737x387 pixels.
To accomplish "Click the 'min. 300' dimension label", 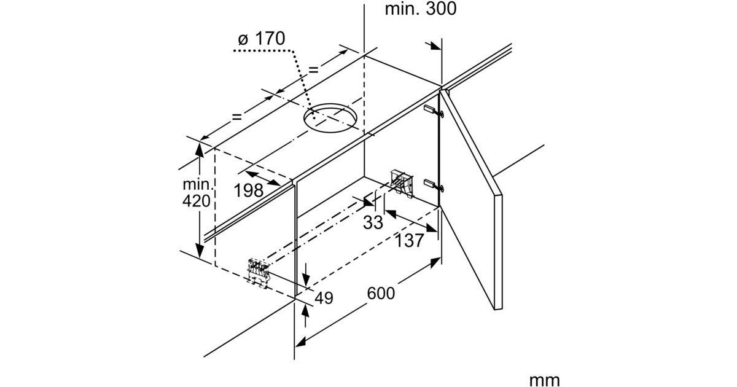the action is coord(421,9).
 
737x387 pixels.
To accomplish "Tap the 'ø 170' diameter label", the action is coord(262,39).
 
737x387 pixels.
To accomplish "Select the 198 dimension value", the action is coord(249,190).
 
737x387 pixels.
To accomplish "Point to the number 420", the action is coord(197,201).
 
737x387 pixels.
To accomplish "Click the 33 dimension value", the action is coord(373,222).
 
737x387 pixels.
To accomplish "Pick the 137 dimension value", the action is coord(409,241).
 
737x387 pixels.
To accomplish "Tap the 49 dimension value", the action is coord(324,298).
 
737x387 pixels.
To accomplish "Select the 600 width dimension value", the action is coord(381,293).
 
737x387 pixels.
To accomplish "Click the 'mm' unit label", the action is coord(545,380).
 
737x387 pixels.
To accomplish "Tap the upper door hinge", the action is coord(434,111).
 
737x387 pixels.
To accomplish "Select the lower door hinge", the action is coord(434,186).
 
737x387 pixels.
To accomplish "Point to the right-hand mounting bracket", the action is coord(402,182).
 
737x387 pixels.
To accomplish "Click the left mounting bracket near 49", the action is coord(259,272).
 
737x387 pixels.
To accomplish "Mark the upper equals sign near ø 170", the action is coord(314,70).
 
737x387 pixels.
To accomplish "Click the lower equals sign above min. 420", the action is coord(237,117).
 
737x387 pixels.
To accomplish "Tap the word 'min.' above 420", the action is coord(198,184).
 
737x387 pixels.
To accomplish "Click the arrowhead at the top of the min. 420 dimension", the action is coord(199,150).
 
